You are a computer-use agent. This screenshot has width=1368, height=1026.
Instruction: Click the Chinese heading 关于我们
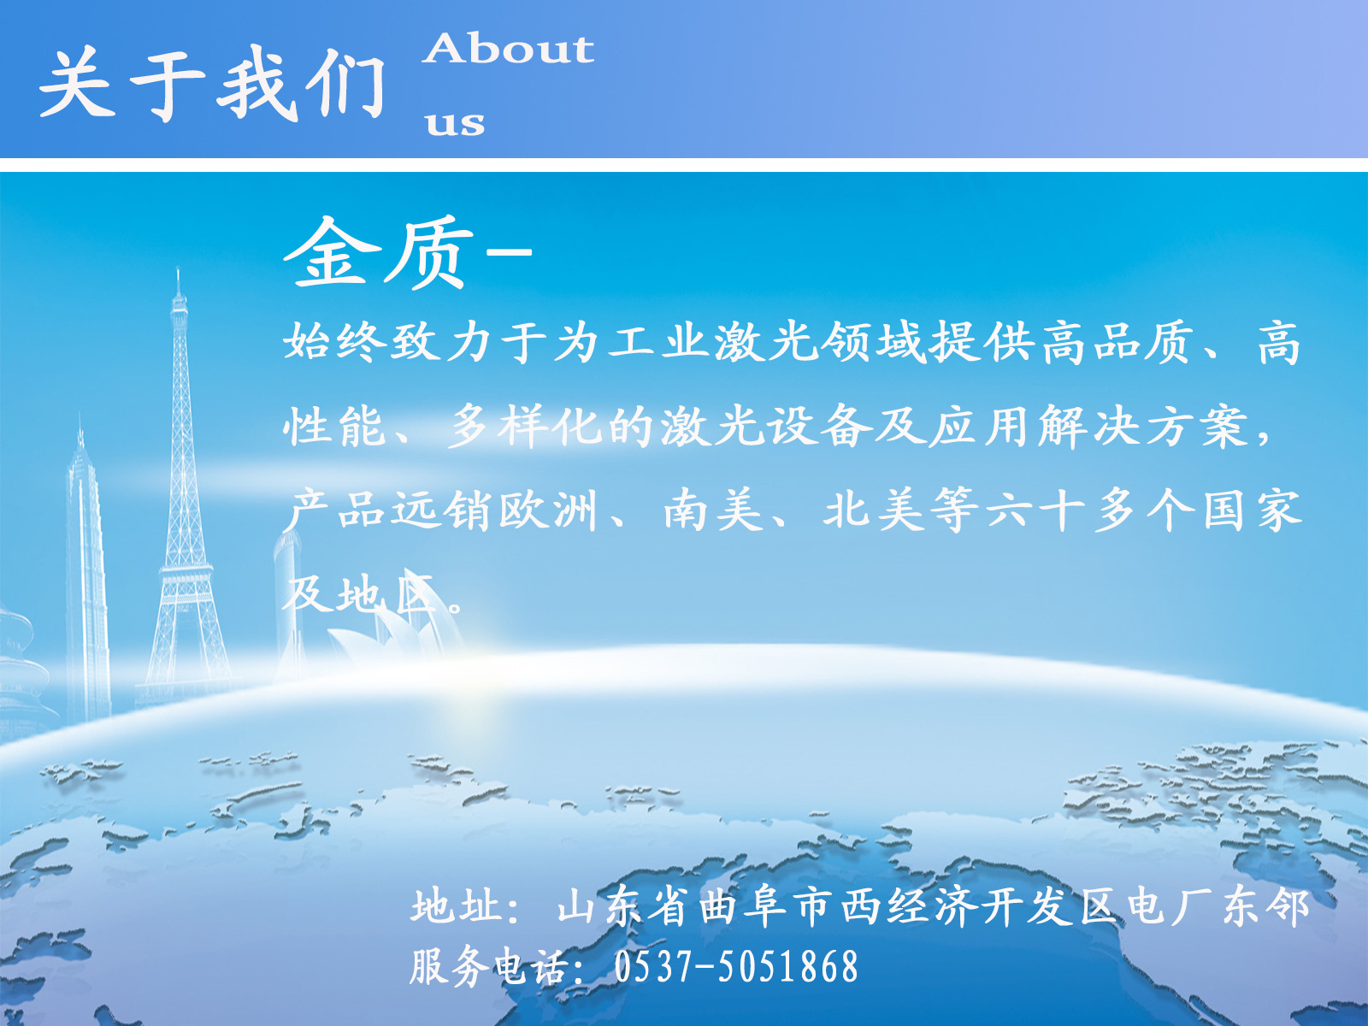point(212,84)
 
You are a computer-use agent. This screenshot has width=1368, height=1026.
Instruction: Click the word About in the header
point(509,49)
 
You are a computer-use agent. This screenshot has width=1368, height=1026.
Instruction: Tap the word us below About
point(455,123)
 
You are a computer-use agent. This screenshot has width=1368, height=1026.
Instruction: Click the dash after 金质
point(510,251)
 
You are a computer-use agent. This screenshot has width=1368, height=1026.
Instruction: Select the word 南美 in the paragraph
point(712,510)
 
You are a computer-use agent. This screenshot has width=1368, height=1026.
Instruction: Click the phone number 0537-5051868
point(735,967)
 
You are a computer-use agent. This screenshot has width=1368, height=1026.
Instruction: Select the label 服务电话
point(486,967)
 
